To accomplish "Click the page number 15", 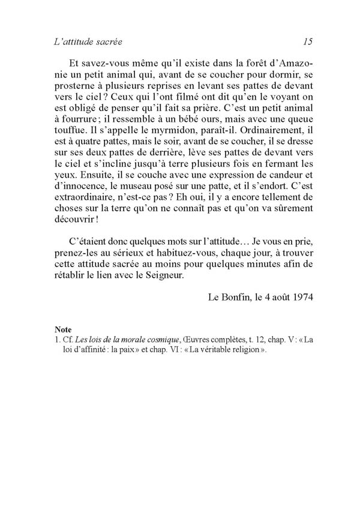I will (x=308, y=42).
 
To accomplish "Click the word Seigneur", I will (x=181, y=287).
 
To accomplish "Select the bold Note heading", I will (x=62, y=329).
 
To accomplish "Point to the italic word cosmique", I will (x=161, y=340).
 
